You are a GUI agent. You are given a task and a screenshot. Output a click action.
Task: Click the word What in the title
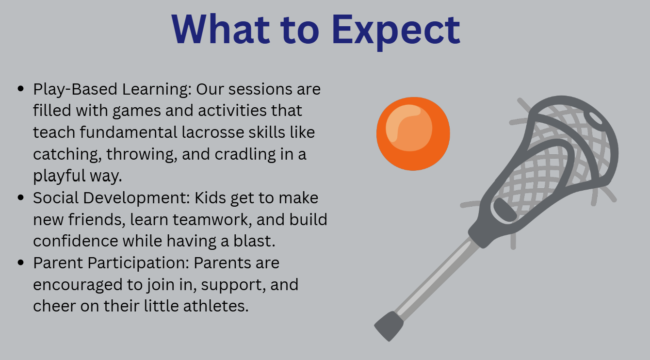(221, 29)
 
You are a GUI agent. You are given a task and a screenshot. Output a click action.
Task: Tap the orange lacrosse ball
(413, 134)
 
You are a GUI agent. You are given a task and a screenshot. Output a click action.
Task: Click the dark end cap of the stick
(389, 326)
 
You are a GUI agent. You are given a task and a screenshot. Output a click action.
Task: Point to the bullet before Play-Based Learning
(20, 89)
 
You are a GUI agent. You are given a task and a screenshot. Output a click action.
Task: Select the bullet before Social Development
(20, 197)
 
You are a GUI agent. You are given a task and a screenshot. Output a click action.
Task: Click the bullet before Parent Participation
(20, 262)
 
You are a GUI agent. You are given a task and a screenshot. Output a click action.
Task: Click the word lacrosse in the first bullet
(213, 132)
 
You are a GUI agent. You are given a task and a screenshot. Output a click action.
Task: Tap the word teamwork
(212, 219)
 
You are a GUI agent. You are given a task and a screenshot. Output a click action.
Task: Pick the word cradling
(245, 154)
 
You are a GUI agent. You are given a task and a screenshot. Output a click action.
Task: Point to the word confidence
(76, 241)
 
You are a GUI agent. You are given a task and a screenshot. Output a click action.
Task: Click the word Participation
(138, 263)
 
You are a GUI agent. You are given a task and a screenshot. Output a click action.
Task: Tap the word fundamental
(129, 132)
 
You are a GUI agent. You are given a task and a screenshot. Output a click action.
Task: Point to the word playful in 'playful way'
(59, 176)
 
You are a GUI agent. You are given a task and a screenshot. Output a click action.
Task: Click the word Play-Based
(75, 89)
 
